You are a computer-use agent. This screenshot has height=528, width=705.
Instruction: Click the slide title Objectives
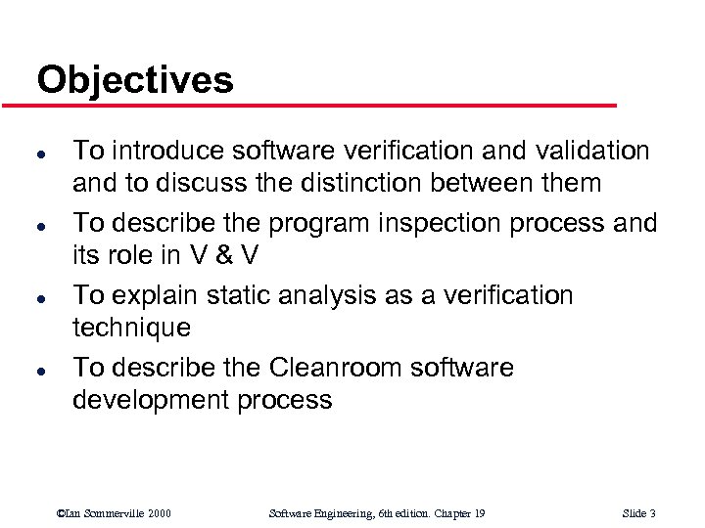135,79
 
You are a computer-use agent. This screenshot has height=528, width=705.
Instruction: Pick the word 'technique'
132,328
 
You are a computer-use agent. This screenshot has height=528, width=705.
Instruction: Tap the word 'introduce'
167,150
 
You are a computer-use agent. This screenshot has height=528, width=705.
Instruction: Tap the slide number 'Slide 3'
638,513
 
